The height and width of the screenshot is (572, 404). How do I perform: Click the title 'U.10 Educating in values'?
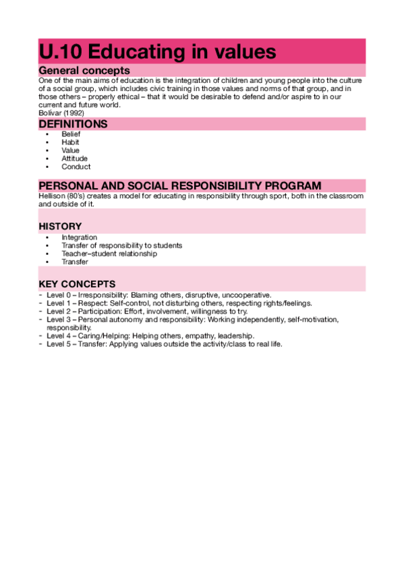[157, 52]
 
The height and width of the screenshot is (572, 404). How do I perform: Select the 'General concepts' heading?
[84, 70]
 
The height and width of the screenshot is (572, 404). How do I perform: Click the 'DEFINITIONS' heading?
[73, 124]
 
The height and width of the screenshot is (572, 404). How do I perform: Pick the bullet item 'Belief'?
[71, 134]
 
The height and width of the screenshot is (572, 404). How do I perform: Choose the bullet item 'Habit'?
[70, 142]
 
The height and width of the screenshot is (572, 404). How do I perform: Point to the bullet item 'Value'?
[70, 150]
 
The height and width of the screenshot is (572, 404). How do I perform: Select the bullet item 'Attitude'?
[74, 159]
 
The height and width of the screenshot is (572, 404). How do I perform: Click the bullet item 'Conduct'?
[76, 167]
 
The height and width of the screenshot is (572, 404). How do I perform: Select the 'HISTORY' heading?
[60, 227]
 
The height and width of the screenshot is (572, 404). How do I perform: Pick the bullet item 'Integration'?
[79, 237]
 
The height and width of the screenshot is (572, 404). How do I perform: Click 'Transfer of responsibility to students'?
[121, 246]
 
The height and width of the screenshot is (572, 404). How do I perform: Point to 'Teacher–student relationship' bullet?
[109, 254]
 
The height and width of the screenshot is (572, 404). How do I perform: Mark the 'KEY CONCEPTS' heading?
[77, 284]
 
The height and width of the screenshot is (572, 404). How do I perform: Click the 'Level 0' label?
[59, 295]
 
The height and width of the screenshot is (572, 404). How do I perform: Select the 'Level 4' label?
[59, 335]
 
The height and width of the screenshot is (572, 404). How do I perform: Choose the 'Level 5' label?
[59, 343]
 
